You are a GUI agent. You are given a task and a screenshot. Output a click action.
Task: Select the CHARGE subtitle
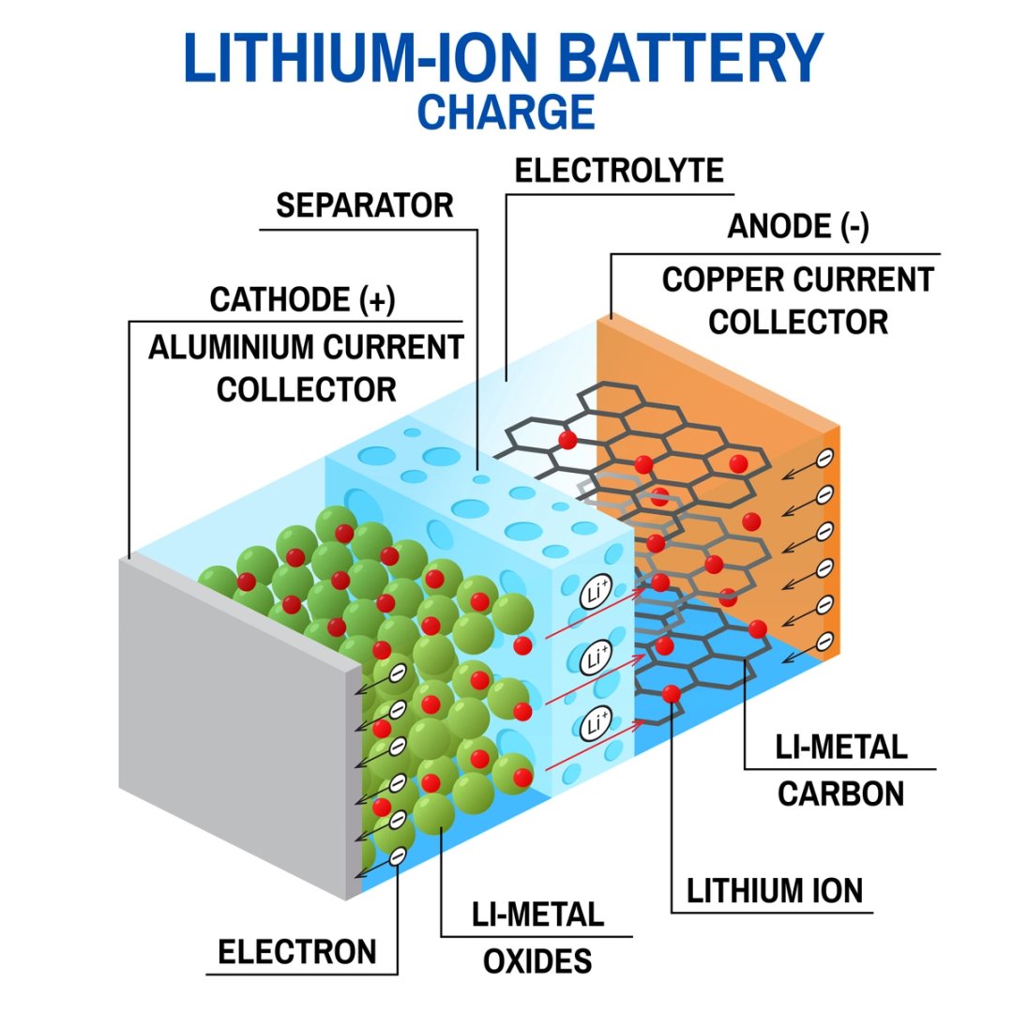coord(506,111)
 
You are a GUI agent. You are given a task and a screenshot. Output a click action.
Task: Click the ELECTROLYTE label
coord(620,171)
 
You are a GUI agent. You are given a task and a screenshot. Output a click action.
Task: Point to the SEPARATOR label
coord(365,205)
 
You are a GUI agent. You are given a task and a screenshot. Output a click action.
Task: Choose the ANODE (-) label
coord(797,226)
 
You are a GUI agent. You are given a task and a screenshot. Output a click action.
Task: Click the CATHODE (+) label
coord(302,300)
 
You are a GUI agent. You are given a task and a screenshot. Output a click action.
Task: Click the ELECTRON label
coord(297,952)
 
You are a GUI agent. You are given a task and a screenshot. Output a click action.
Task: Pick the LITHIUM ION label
coord(775,891)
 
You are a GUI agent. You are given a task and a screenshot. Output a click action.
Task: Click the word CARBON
coord(840,794)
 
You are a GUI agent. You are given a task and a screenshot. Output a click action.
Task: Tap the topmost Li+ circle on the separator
coord(594,594)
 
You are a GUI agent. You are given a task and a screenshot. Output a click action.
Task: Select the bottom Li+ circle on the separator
coord(594,724)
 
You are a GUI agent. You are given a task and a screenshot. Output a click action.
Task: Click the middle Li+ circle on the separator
coord(594,658)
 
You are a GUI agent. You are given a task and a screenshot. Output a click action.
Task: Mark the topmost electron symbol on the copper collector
coord(824,458)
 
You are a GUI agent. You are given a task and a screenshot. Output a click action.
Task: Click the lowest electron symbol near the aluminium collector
coord(397,855)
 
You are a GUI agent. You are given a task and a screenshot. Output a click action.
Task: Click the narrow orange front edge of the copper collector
coord(831,544)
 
